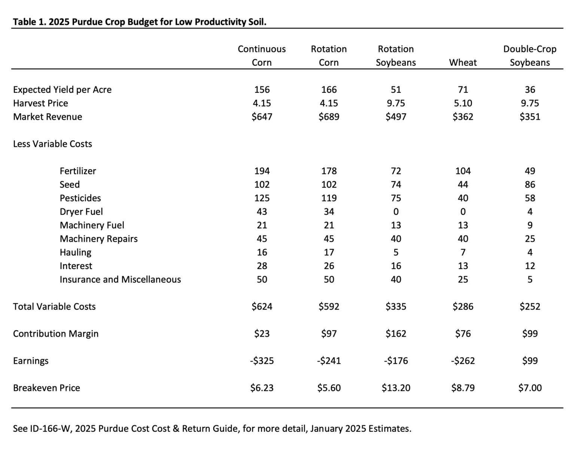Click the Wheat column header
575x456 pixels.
point(463,63)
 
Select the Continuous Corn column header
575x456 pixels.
point(262,56)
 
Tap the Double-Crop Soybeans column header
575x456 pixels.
point(530,56)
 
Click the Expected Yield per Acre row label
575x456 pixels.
point(62,90)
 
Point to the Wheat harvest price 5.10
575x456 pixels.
point(463,103)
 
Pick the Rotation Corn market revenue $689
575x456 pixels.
point(329,117)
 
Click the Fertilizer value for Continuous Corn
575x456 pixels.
point(262,171)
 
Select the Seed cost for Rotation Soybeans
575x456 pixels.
point(396,185)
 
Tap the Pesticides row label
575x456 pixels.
point(80,198)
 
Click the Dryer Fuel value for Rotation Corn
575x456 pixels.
point(329,212)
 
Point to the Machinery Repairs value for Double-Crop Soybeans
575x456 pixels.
point(530,239)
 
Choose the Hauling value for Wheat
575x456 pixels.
point(463,252)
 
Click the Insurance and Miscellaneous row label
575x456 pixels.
point(120,280)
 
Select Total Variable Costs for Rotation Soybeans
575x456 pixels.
point(396,307)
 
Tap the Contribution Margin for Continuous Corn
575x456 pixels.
point(262,334)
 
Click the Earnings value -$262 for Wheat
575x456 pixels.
point(463,361)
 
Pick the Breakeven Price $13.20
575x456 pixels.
point(396,388)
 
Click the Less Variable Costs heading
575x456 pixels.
point(52,144)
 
